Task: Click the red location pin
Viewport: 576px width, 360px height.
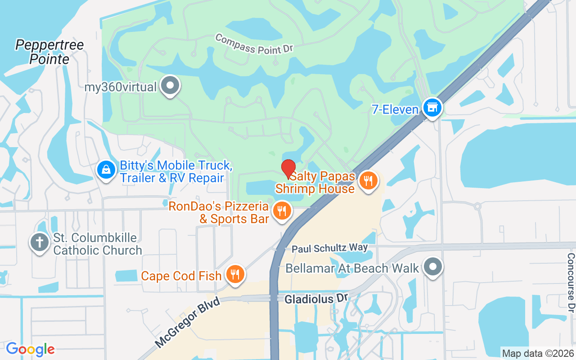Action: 288,169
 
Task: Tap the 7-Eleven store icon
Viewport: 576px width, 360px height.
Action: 432,108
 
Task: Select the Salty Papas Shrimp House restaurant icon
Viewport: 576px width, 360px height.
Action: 369,181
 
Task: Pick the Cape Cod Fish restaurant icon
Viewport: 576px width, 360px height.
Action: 234,274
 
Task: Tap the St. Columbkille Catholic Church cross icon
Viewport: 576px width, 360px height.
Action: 39,243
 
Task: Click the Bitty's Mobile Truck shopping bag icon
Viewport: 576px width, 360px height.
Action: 105,171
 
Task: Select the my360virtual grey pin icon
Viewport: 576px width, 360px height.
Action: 171,85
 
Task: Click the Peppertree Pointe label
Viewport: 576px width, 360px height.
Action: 49,52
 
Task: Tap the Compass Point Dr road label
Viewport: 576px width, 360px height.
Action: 254,44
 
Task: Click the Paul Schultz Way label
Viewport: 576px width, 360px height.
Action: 329,248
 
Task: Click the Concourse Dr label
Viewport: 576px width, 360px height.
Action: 571,283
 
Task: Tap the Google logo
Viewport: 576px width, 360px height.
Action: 30,349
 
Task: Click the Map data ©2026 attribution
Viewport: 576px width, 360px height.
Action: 538,353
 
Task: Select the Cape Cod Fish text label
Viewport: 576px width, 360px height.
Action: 181,275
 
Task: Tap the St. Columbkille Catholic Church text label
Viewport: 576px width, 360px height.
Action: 98,243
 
